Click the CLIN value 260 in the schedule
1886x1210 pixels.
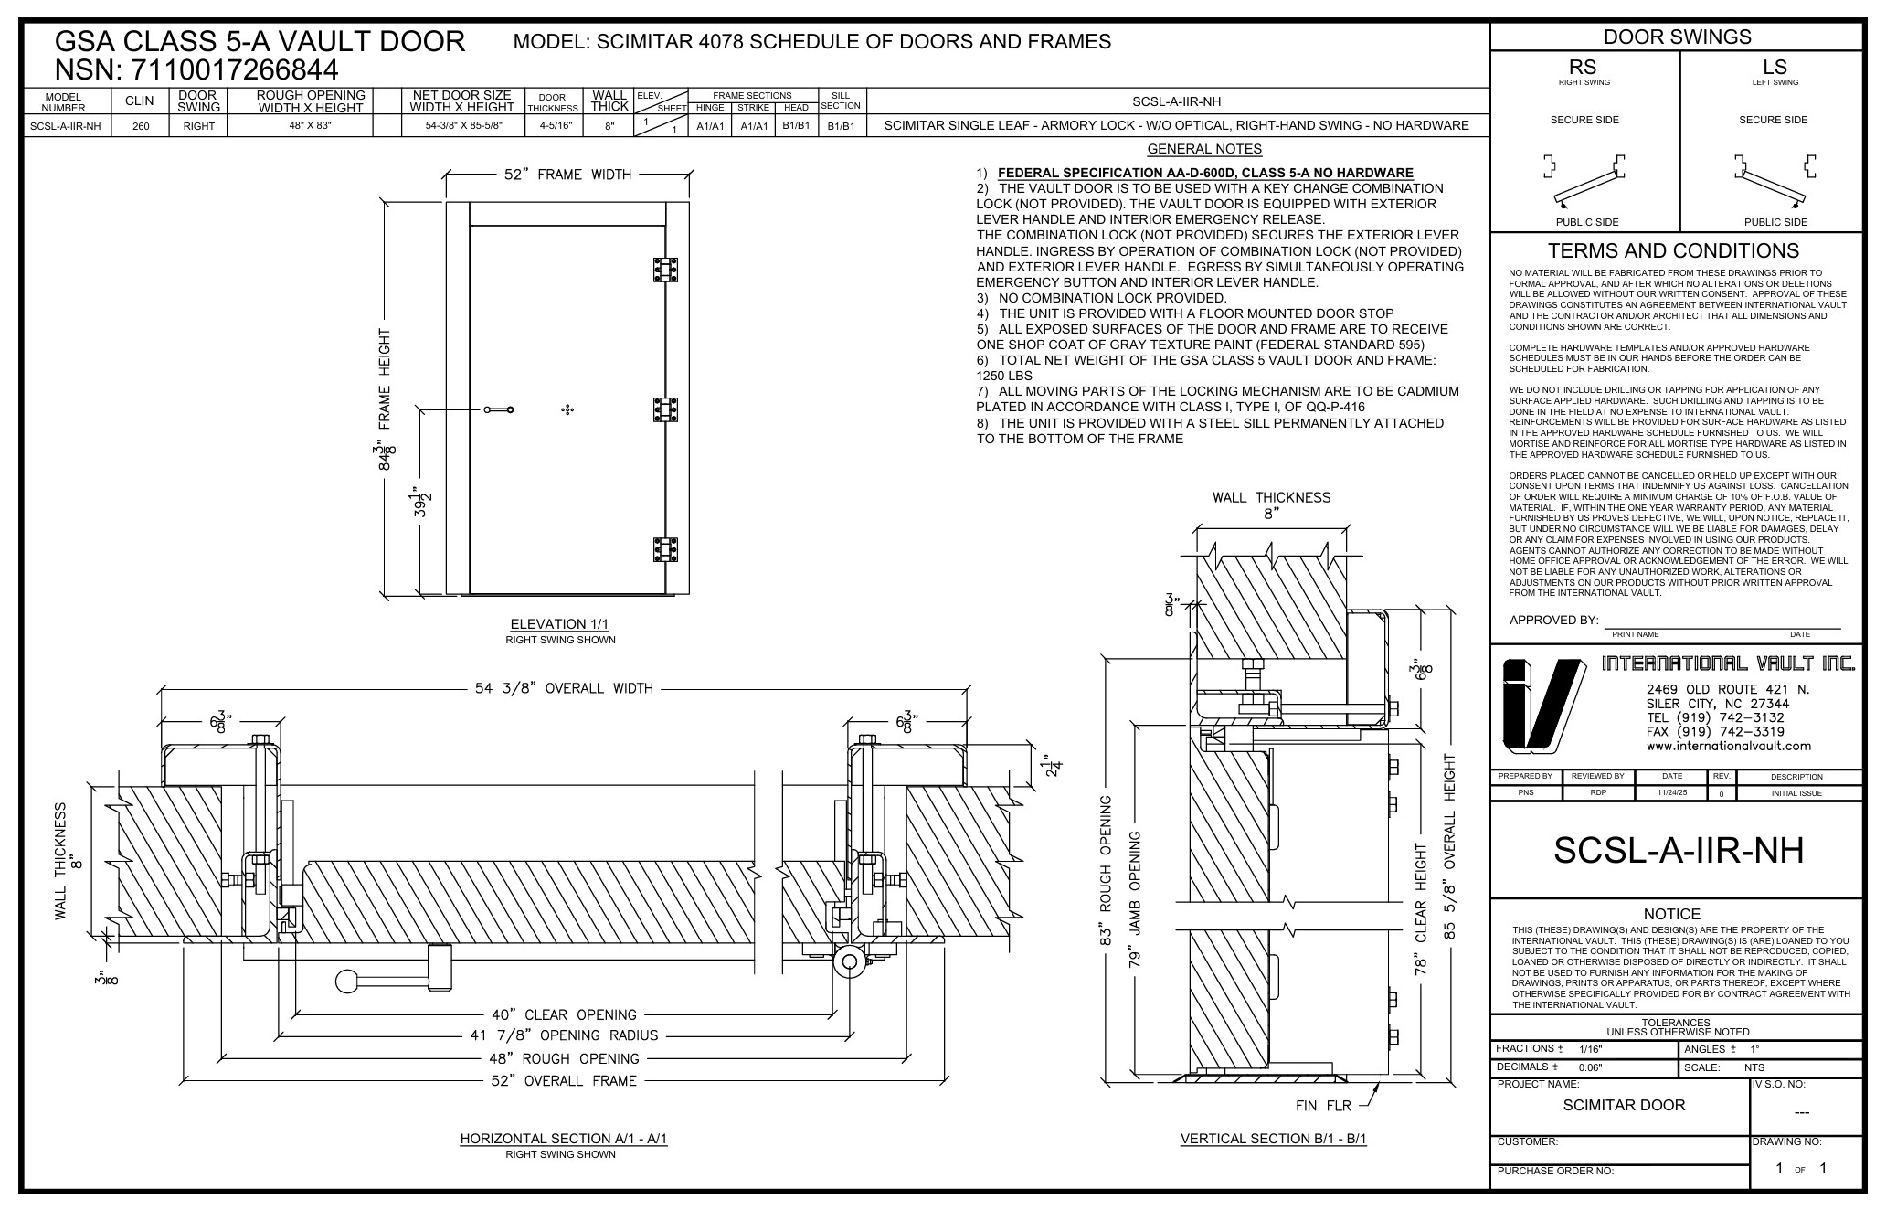[141, 126]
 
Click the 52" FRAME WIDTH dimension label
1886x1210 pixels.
[567, 175]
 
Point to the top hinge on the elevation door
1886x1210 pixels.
[665, 271]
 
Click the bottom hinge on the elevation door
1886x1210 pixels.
[665, 549]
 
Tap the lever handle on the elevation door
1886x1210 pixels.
[499, 409]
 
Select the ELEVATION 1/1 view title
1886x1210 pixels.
[559, 624]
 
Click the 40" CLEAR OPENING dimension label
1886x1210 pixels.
[563, 1014]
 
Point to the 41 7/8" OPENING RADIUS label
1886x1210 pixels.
[562, 1035]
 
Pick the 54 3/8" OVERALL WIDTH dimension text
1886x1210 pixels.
[564, 688]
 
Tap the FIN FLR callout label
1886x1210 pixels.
[1323, 1106]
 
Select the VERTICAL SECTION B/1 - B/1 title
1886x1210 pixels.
[1273, 1139]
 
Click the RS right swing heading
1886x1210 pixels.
[1584, 68]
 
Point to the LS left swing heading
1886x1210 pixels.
[1775, 68]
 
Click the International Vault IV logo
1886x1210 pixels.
[1542, 706]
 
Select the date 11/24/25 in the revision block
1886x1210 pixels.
[1672, 792]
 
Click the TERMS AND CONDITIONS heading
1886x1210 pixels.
[1673, 250]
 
